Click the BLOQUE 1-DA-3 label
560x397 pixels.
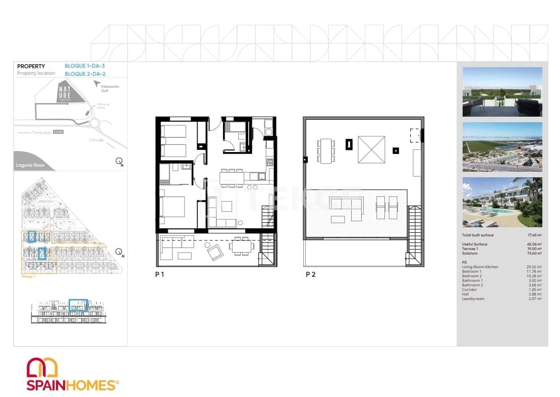(85, 66)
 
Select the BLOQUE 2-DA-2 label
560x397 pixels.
(85, 74)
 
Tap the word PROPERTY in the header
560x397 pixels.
(31, 66)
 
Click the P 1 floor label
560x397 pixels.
(160, 275)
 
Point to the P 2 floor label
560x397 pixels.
(311, 275)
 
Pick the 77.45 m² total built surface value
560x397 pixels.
(533, 235)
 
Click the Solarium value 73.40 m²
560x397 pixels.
(533, 253)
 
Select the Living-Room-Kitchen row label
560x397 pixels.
(480, 267)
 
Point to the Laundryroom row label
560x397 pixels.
(473, 299)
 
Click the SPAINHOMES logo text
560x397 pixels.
(71, 385)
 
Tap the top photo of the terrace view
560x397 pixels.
(502, 92)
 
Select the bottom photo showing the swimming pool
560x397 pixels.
(502, 202)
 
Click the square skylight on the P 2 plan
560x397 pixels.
(371, 149)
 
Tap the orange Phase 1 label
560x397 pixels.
(28, 277)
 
